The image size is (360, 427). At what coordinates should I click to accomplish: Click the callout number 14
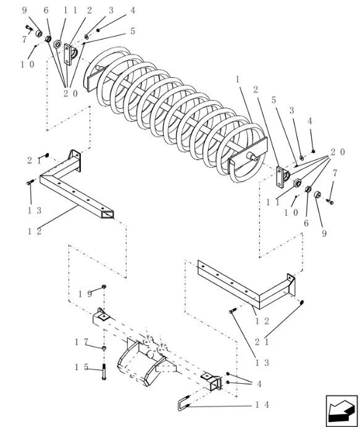262,405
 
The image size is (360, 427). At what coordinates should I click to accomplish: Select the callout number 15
82,367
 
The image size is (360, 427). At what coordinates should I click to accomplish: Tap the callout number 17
82,342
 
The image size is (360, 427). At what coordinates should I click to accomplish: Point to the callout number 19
85,294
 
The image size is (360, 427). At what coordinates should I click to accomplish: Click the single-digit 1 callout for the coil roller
238,80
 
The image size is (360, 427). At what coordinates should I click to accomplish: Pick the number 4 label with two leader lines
259,384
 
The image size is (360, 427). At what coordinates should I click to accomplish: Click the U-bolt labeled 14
184,404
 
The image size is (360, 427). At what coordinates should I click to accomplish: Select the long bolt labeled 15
104,372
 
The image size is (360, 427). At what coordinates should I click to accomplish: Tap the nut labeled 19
104,287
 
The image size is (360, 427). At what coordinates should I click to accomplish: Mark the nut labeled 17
104,348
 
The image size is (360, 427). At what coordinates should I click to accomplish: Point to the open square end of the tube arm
107,214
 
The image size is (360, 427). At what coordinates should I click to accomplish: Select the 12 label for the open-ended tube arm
35,232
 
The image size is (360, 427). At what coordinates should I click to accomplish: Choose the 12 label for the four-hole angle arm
262,321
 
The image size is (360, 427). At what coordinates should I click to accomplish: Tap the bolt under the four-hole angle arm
232,311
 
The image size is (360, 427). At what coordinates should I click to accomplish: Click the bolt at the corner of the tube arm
30,182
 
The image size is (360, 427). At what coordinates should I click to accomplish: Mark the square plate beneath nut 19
104,316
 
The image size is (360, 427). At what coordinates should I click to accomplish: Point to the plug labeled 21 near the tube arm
47,155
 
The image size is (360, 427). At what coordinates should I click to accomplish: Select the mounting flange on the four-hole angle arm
291,284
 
